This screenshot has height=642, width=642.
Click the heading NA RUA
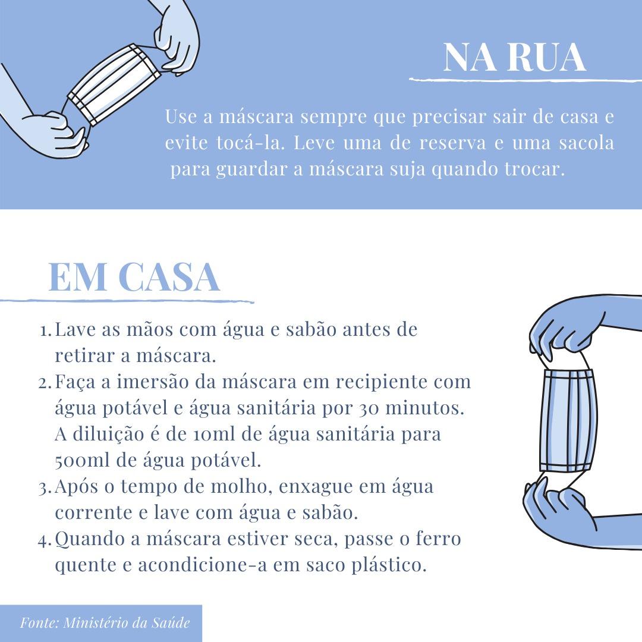pos(515,57)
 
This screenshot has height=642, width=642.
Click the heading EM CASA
pos(134,277)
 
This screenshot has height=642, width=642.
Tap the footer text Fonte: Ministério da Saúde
pos(105,623)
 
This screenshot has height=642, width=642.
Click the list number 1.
pos(45,331)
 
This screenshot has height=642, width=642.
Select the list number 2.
pos(45,383)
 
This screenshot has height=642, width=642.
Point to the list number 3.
pos(45,488)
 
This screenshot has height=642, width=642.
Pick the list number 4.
pos(45,540)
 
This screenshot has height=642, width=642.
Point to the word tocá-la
pos(250,143)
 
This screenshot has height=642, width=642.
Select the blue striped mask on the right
pos(568,420)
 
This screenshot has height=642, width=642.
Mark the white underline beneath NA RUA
pos(525,80)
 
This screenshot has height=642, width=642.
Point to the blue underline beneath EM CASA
pos(127,301)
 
